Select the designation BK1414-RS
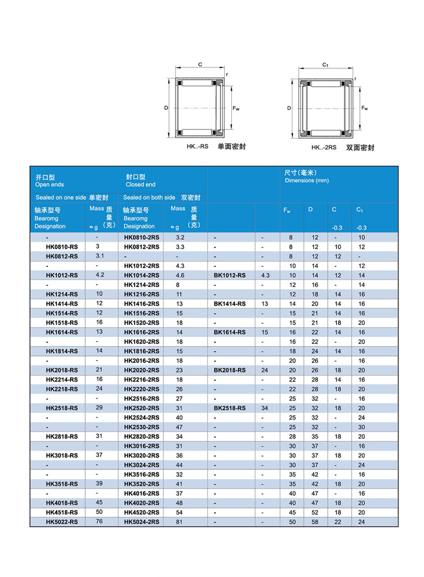point(229,304)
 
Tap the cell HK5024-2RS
point(142,522)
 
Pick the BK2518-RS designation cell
point(229,408)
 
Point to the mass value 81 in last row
point(180,522)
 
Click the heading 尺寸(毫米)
point(300,173)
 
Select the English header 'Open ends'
point(49,185)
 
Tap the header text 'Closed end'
point(140,185)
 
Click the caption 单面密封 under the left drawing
point(232,146)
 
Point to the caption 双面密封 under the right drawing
point(360,148)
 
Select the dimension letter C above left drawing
point(200,65)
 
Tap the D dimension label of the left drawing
point(166,108)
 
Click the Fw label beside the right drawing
point(365,108)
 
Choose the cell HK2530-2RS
point(142,427)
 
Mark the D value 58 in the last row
point(315,522)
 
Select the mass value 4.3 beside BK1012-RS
point(266,275)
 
